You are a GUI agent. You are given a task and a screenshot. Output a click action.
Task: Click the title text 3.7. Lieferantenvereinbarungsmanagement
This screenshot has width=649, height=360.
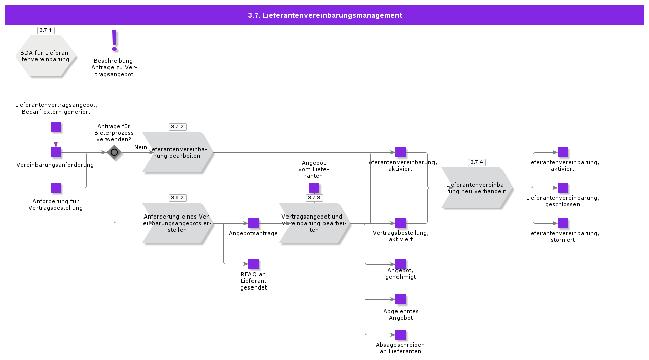[x=325, y=15]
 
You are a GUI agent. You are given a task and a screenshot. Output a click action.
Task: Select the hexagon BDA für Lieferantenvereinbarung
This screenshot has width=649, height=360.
[x=46, y=56]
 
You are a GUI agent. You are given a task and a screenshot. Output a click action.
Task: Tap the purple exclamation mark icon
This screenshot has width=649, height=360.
[x=114, y=41]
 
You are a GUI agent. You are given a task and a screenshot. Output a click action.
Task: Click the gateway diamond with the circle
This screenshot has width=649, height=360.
[x=114, y=152]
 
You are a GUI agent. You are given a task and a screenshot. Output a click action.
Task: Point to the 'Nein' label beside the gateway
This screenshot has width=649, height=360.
[x=140, y=147]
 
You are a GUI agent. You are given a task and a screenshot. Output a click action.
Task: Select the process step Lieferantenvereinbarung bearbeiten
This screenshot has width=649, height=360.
[x=177, y=152]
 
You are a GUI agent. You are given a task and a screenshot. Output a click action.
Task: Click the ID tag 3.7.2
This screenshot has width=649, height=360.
[x=177, y=127]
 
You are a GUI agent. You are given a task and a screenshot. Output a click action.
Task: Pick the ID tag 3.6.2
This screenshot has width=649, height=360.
[x=177, y=198]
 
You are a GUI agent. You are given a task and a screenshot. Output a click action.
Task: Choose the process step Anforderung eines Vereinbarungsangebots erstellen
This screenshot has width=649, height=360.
[x=177, y=223]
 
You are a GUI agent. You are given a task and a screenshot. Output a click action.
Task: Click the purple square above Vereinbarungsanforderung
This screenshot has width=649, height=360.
[x=56, y=152]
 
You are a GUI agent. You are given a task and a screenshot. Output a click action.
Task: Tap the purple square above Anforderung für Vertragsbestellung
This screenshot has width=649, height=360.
[x=56, y=188]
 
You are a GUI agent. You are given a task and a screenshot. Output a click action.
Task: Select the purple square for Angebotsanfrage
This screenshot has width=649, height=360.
[x=254, y=223]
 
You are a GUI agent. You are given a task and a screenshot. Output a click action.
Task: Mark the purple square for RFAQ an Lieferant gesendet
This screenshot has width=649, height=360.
[x=254, y=264]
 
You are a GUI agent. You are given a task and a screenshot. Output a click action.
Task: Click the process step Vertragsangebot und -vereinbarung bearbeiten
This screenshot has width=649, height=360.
[x=314, y=223]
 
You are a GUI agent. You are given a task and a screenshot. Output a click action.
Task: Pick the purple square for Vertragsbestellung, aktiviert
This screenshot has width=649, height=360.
[x=401, y=223]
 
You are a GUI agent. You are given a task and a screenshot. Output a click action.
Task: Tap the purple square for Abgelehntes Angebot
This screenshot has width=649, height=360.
[x=401, y=299]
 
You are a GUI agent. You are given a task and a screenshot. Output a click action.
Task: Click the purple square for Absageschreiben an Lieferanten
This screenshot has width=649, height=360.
[x=401, y=335]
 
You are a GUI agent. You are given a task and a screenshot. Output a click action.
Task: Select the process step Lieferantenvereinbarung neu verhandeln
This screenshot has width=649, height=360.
[x=477, y=188]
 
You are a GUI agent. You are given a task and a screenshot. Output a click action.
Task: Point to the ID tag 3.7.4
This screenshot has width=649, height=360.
[x=477, y=162]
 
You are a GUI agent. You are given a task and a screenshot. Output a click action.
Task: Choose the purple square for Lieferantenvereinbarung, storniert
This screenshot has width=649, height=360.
[x=563, y=223]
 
